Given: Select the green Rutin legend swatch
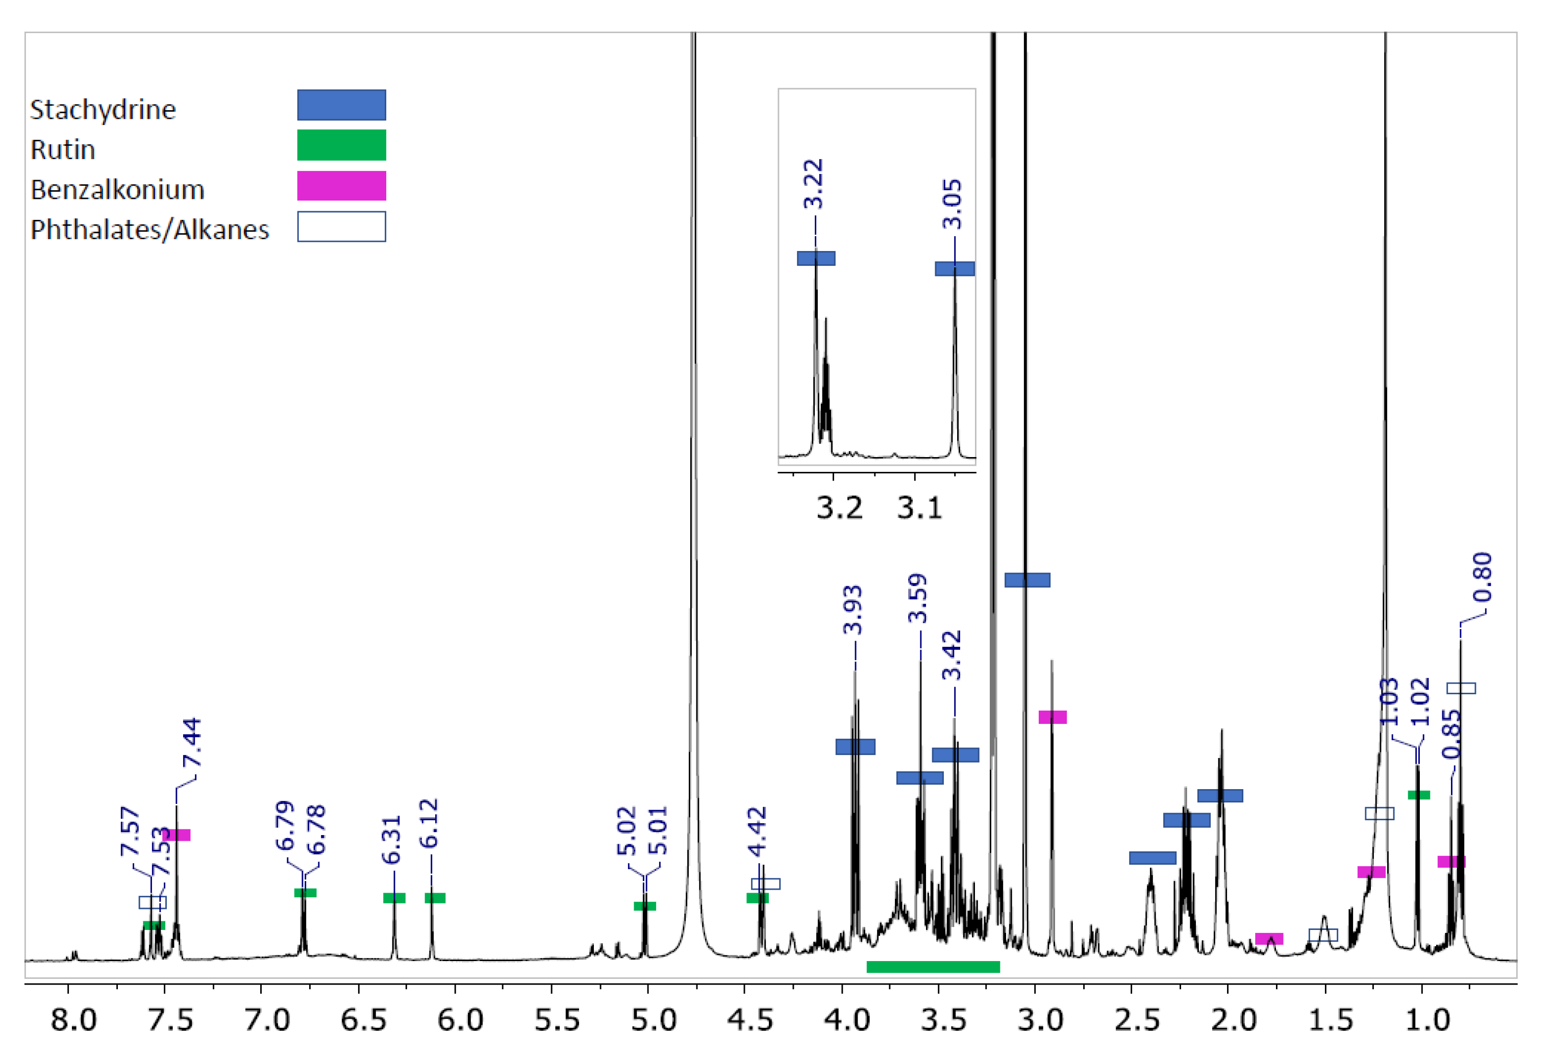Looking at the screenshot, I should coord(341,145).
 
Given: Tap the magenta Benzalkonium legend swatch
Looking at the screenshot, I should coord(341,186).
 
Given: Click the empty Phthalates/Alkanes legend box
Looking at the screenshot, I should coord(341,226).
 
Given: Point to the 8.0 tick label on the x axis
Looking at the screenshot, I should coord(73,1020).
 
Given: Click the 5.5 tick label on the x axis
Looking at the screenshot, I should coord(557,1020).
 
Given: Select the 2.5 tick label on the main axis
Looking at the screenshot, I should coord(1137,1020).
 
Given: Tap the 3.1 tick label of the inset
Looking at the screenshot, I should coord(919,509).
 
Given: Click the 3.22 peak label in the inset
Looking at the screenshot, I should coord(813,184).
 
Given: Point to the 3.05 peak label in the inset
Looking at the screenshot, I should coord(952,204).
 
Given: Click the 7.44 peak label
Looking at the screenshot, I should coord(192,742).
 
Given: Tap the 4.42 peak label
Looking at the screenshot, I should coord(757,832).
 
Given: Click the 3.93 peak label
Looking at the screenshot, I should coord(853,610).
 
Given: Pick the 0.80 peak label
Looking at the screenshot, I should coord(1482,576).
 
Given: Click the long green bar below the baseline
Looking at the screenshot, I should coord(933,967).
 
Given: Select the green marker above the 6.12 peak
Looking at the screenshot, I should coord(435,898).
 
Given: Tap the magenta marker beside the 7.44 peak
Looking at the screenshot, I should coord(178,835).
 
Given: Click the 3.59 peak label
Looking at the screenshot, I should coord(918,598).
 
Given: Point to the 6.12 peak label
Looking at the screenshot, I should coord(429,823).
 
